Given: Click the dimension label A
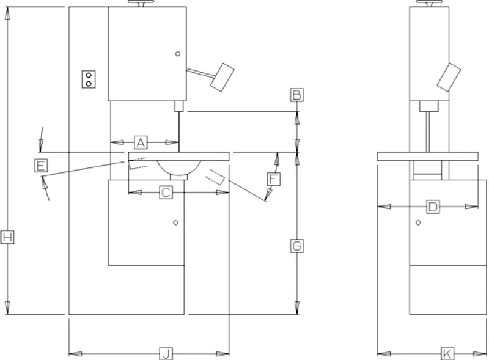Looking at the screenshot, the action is (x=141, y=142).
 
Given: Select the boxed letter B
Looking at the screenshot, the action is (x=297, y=95).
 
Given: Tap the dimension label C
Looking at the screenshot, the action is (x=166, y=192).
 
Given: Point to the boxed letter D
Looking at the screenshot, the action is (x=433, y=207).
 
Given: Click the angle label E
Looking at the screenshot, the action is (x=41, y=166).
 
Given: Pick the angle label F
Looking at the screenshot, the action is (x=273, y=179).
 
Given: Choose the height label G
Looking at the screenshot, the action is (x=297, y=246).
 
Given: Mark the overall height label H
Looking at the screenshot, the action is (x=7, y=238).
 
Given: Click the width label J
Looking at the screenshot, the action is (x=166, y=354).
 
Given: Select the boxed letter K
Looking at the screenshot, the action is (x=447, y=354).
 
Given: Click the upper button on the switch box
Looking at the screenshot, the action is (x=89, y=76).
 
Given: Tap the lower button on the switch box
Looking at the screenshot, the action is (x=89, y=83).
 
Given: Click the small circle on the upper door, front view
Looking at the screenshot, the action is (x=178, y=54).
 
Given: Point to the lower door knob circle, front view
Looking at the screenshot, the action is (x=175, y=222).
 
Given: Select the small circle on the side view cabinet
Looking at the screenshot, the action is (x=418, y=222).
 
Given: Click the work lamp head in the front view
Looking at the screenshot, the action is (x=222, y=78).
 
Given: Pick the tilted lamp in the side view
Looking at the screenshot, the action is (x=449, y=78).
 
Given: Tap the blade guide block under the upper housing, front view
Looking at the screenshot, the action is (x=178, y=106).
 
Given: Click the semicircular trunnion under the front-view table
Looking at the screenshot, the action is (x=178, y=168).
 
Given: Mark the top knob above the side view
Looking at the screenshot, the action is (x=430, y=3).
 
